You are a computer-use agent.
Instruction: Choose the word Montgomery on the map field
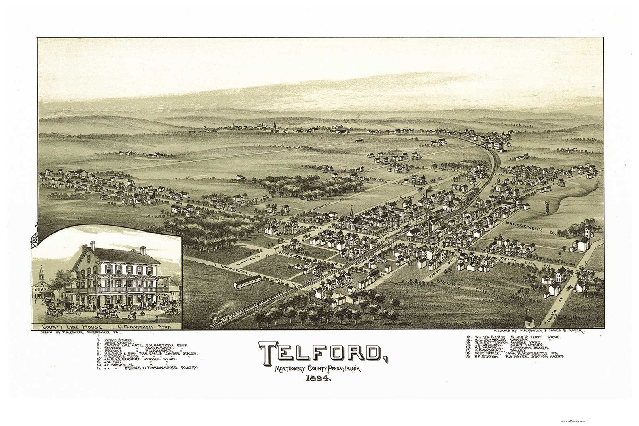coord(525,225)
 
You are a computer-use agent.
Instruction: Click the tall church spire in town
coord(351,211)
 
